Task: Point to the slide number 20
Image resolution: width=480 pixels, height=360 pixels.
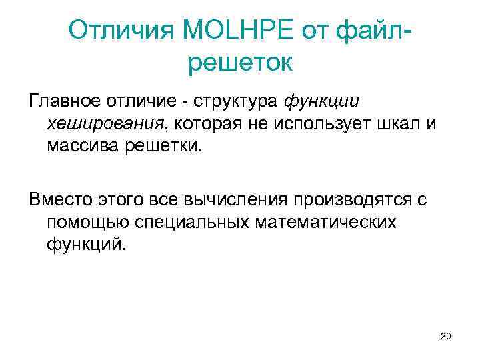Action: (x=445, y=336)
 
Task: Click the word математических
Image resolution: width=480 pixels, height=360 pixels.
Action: (x=323, y=222)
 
